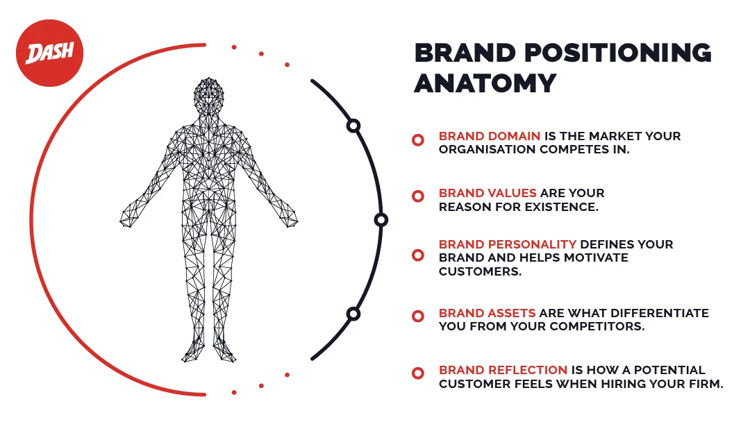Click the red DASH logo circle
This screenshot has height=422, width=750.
point(50,53)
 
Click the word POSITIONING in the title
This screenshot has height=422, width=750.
point(618,53)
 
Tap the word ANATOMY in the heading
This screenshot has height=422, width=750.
point(485,83)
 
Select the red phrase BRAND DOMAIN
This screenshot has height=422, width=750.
point(490,136)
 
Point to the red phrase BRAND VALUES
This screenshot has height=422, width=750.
point(487,193)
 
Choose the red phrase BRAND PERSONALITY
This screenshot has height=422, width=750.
point(508,244)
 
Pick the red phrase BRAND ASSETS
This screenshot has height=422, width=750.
point(487,313)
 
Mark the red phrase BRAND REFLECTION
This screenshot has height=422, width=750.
point(503,370)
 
